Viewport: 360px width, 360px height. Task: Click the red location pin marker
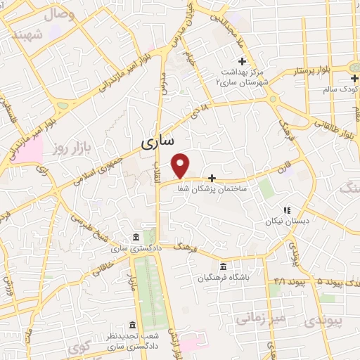[181, 165]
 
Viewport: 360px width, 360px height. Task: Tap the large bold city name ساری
[157, 141]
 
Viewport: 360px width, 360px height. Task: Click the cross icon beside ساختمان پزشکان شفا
[212, 179]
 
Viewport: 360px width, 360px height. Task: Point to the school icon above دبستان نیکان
[286, 210]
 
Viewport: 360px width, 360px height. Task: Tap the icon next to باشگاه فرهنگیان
[223, 266]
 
